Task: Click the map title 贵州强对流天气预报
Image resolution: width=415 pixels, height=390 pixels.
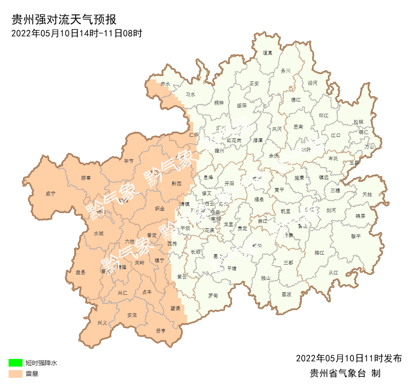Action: pos(64,20)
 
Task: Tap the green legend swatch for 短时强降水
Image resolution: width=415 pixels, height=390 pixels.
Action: pos(15,362)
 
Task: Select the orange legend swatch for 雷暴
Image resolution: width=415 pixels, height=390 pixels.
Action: pos(15,374)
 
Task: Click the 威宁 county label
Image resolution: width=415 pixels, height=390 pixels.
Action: pos(50,194)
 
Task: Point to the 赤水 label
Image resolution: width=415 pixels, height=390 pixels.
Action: pos(165,84)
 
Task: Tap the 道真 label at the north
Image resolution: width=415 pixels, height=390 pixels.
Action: pos(268,53)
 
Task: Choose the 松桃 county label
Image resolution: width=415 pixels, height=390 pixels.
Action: pos(359,122)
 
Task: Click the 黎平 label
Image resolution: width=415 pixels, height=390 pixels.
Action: pos(356,236)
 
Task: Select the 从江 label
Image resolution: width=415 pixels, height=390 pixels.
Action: pos(333,272)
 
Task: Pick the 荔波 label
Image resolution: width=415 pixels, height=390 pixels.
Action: pos(287,294)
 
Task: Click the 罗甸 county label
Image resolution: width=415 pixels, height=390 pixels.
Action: pos(213,296)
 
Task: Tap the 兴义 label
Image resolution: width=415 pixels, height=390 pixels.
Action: pos(102,323)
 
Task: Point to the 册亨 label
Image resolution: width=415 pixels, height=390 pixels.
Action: pos(161,330)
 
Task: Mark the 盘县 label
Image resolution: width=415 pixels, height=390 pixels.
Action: pos(81,272)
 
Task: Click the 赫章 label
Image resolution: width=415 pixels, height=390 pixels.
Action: pos(86,178)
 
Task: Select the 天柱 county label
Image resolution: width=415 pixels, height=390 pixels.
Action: pos(367,194)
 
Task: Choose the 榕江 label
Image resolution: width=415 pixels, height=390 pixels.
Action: pos(319,253)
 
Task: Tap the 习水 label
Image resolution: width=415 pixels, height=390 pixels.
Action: pos(191,95)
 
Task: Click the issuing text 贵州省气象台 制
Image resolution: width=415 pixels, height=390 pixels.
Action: pos(345,373)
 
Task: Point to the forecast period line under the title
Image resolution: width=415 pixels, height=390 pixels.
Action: pos(77,33)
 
